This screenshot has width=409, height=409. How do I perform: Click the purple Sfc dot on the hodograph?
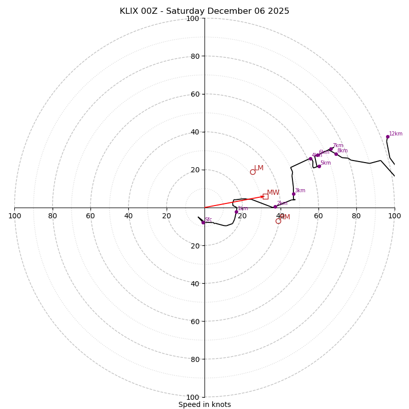(203, 222)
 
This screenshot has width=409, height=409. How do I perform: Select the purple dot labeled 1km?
(236, 212)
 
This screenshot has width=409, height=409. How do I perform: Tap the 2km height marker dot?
(275, 207)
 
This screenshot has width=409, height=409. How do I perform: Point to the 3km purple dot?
(293, 194)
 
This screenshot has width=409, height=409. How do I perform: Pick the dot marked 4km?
(310, 158)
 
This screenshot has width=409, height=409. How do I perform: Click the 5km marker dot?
(319, 166)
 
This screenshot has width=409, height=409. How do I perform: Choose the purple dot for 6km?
(317, 155)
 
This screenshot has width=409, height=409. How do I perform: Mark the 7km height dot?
(331, 149)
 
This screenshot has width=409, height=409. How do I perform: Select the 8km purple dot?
(336, 154)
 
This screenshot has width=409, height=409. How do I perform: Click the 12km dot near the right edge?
(388, 137)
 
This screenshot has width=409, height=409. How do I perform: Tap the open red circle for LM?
(253, 172)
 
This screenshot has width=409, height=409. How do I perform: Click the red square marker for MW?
(265, 196)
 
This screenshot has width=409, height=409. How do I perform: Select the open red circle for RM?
(278, 221)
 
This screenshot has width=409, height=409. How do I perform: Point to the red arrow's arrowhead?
(263, 196)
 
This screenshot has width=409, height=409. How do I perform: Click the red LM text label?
(259, 168)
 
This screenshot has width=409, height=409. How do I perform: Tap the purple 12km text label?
(396, 134)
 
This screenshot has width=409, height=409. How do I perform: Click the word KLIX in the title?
(130, 11)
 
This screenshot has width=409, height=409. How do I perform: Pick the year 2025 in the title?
(279, 11)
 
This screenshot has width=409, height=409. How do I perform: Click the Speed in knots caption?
(204, 404)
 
